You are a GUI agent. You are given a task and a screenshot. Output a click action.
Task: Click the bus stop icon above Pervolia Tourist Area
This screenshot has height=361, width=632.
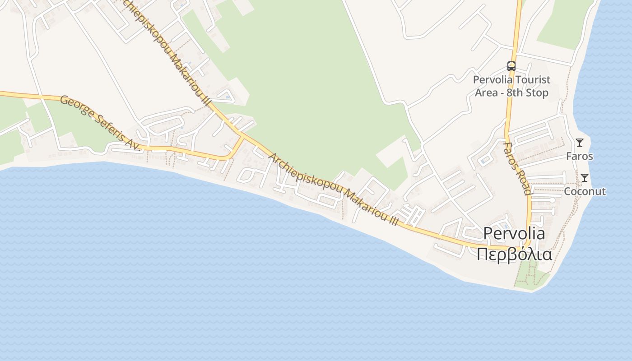click(x=511, y=66)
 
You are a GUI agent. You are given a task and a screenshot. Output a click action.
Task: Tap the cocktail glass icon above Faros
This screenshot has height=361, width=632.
click(x=580, y=143)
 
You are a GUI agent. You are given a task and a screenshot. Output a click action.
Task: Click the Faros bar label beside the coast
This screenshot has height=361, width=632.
click(x=580, y=156)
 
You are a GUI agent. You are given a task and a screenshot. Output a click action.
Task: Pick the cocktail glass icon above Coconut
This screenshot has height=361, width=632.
click(x=585, y=178)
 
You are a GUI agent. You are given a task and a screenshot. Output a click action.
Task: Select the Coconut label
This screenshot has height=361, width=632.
click(x=585, y=191)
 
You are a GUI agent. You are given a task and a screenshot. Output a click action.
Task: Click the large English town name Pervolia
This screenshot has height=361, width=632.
click(x=514, y=233)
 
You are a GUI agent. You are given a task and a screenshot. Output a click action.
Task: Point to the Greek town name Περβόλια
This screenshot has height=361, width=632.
click(x=514, y=254)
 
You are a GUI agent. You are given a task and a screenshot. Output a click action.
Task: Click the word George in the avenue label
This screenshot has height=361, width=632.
click(x=74, y=106)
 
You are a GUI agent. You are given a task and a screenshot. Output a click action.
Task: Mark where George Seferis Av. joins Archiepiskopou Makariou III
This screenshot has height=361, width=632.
click(x=243, y=136)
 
